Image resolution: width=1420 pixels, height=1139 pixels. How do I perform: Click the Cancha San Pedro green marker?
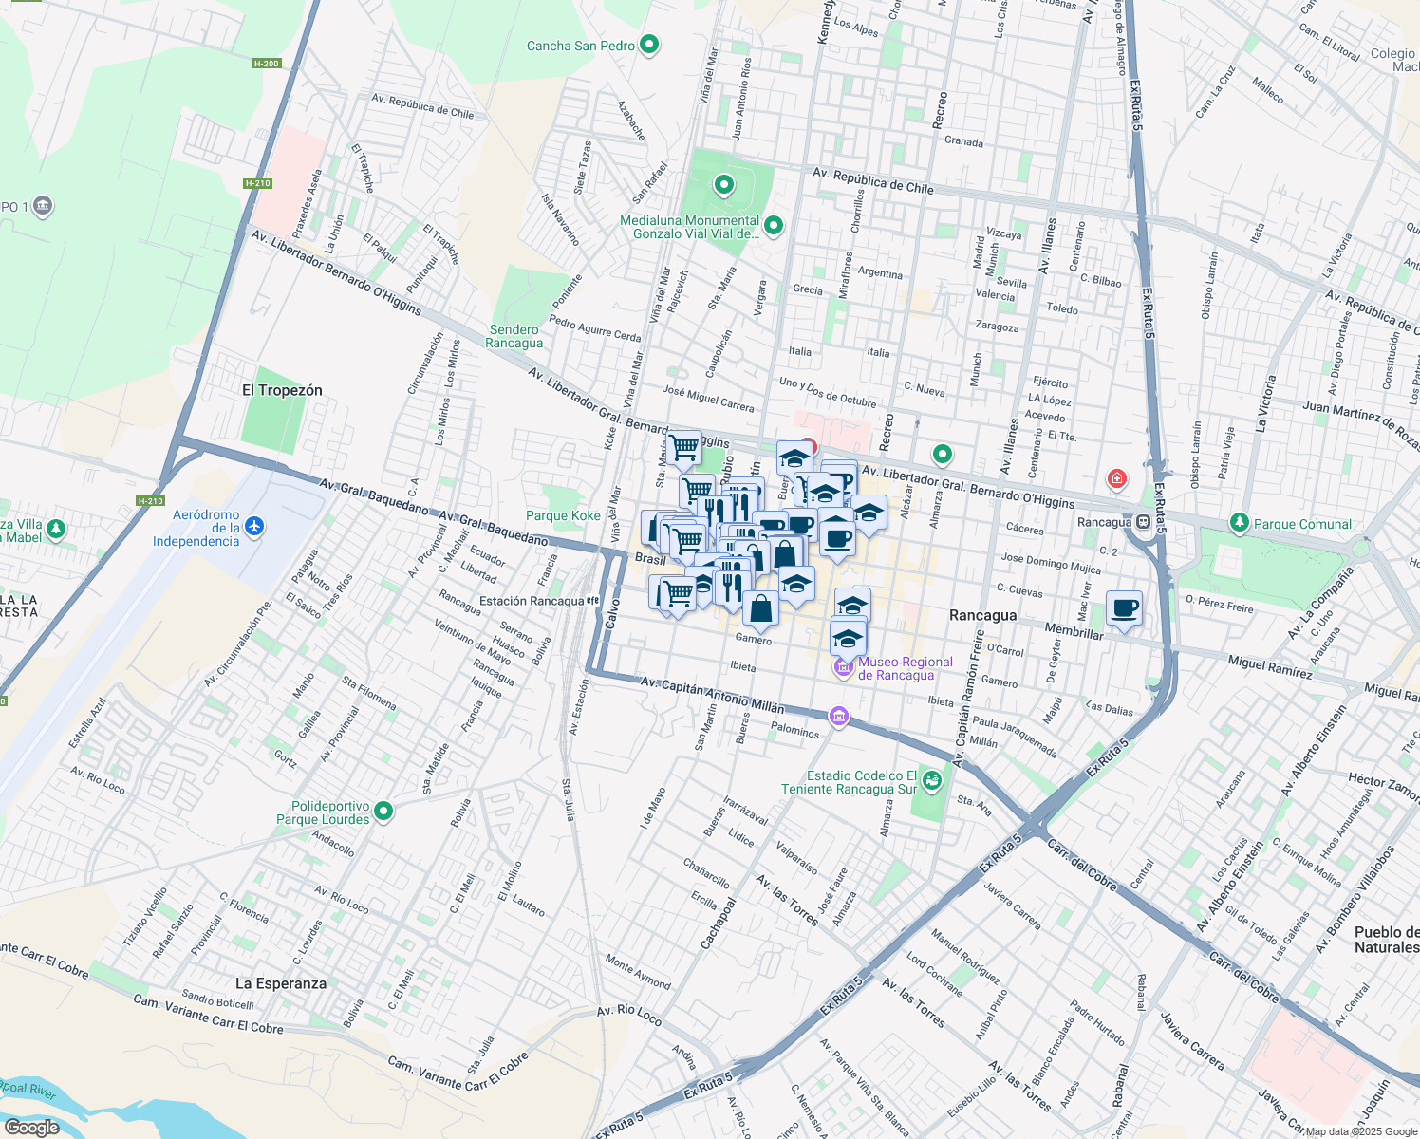(x=649, y=45)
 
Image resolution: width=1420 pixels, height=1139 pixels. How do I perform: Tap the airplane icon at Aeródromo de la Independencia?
(x=253, y=526)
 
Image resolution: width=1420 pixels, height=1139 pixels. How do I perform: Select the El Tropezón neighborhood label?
(x=282, y=390)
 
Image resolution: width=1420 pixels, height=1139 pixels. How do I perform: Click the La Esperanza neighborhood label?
(x=281, y=983)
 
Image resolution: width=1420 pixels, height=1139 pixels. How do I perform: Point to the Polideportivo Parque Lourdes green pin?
(x=383, y=812)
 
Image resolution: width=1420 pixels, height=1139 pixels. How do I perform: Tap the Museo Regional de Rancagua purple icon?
(x=844, y=668)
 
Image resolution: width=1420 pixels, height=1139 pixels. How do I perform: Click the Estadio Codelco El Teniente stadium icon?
(x=932, y=781)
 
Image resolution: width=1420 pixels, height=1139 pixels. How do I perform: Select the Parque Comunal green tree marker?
(x=1239, y=523)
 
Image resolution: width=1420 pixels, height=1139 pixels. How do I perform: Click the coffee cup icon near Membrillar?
(x=1124, y=607)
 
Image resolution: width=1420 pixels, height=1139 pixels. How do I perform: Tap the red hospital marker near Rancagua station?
(x=1116, y=477)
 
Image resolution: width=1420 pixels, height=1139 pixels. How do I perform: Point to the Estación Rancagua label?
(x=532, y=601)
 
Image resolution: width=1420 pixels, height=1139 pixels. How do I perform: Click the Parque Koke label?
(x=563, y=515)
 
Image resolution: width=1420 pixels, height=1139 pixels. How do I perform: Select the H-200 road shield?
(x=266, y=64)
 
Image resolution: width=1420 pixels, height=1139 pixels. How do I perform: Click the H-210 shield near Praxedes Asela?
(x=257, y=183)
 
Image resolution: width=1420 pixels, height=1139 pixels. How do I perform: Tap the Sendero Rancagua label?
(x=514, y=336)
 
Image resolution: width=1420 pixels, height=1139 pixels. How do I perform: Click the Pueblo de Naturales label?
(x=1387, y=940)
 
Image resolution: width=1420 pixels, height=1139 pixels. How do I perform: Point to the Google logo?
(x=31, y=1128)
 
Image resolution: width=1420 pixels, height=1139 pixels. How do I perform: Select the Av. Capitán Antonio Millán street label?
(x=712, y=695)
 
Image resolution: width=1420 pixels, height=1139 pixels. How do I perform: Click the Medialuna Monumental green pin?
(x=774, y=226)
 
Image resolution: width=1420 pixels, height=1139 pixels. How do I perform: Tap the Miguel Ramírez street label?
(x=1270, y=666)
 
